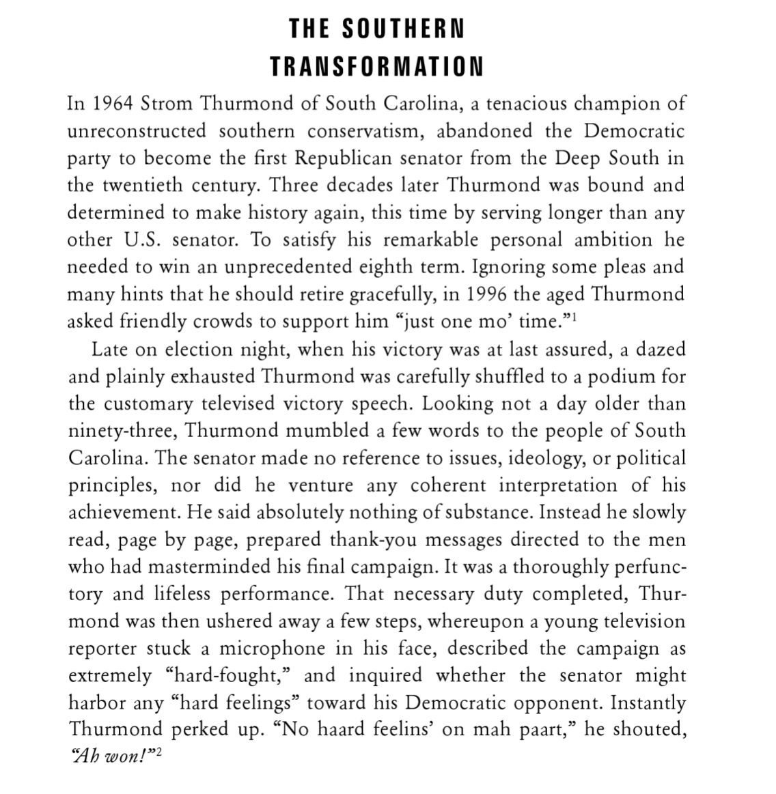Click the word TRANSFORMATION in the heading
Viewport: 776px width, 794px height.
coord(376,66)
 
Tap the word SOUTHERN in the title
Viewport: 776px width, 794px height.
coord(403,29)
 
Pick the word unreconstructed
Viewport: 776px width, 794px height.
coord(136,130)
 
